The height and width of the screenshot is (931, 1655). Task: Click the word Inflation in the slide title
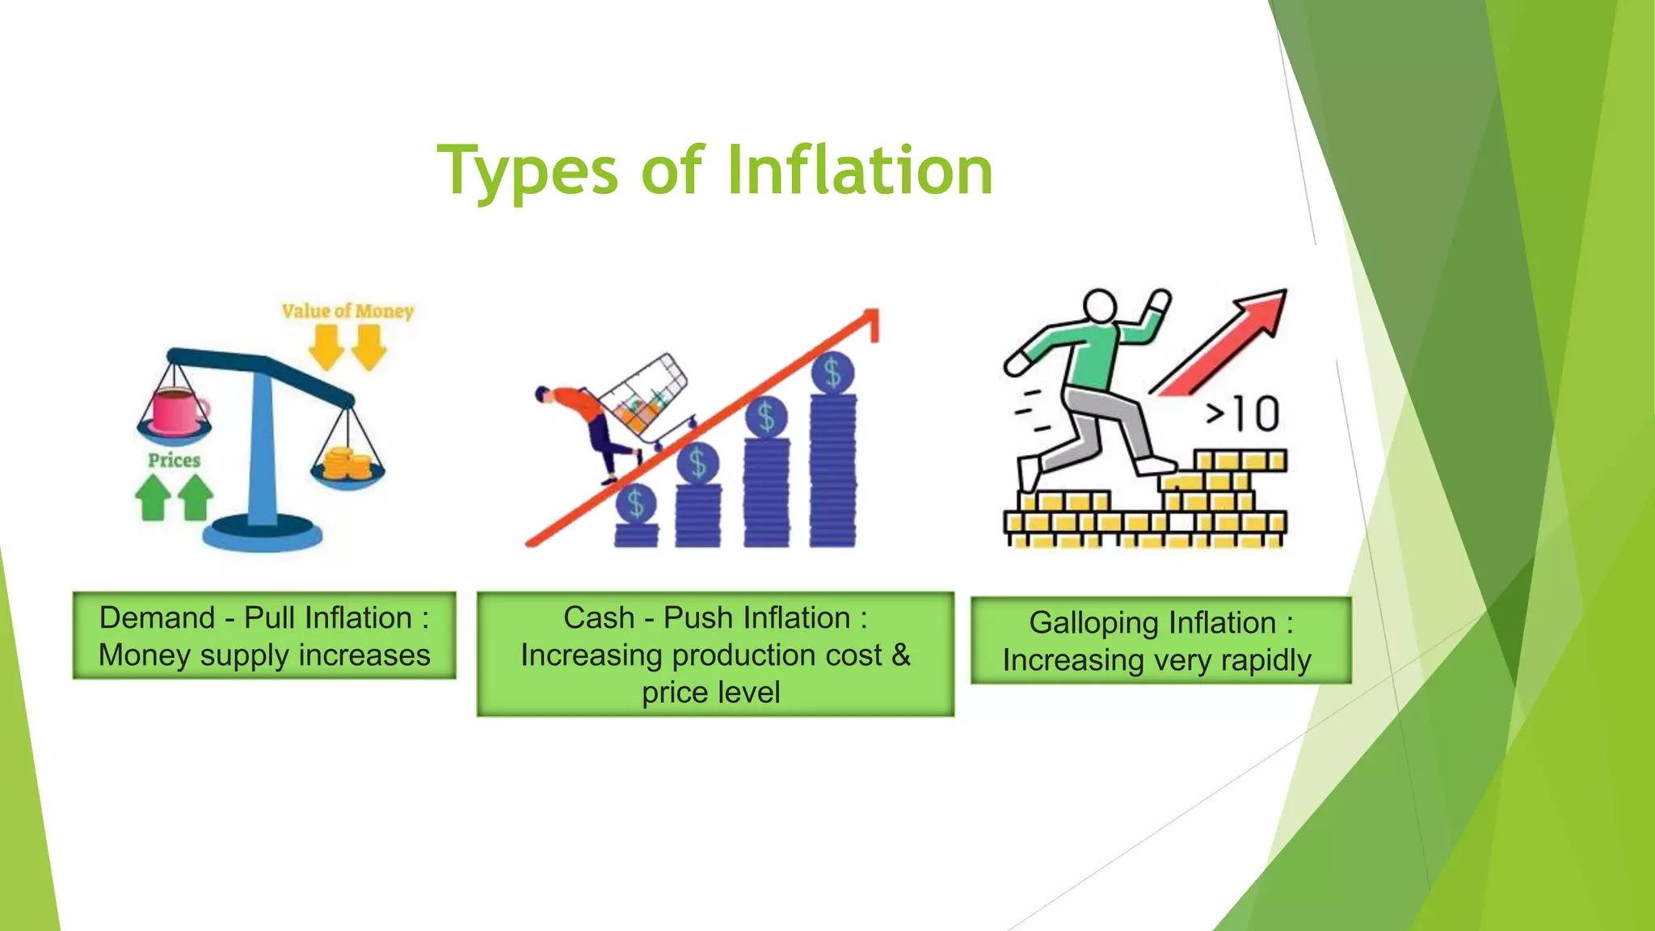[860, 171]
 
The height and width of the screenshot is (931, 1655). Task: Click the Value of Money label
[347, 311]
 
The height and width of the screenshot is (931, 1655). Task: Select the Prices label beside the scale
[174, 461]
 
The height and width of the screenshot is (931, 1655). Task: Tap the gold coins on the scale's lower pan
[347, 465]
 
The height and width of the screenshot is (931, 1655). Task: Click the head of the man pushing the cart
[543, 394]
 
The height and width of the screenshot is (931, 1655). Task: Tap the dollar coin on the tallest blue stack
[832, 373]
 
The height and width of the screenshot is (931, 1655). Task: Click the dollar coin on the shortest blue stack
[636, 503]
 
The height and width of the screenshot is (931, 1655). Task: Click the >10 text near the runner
[1243, 414]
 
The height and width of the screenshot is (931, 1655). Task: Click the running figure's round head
[1100, 306]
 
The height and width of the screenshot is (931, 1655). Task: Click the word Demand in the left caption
[158, 618]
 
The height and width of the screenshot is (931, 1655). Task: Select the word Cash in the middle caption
[599, 618]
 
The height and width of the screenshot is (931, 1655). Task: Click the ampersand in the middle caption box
[900, 655]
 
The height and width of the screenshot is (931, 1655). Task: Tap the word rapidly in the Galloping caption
[1265, 660]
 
